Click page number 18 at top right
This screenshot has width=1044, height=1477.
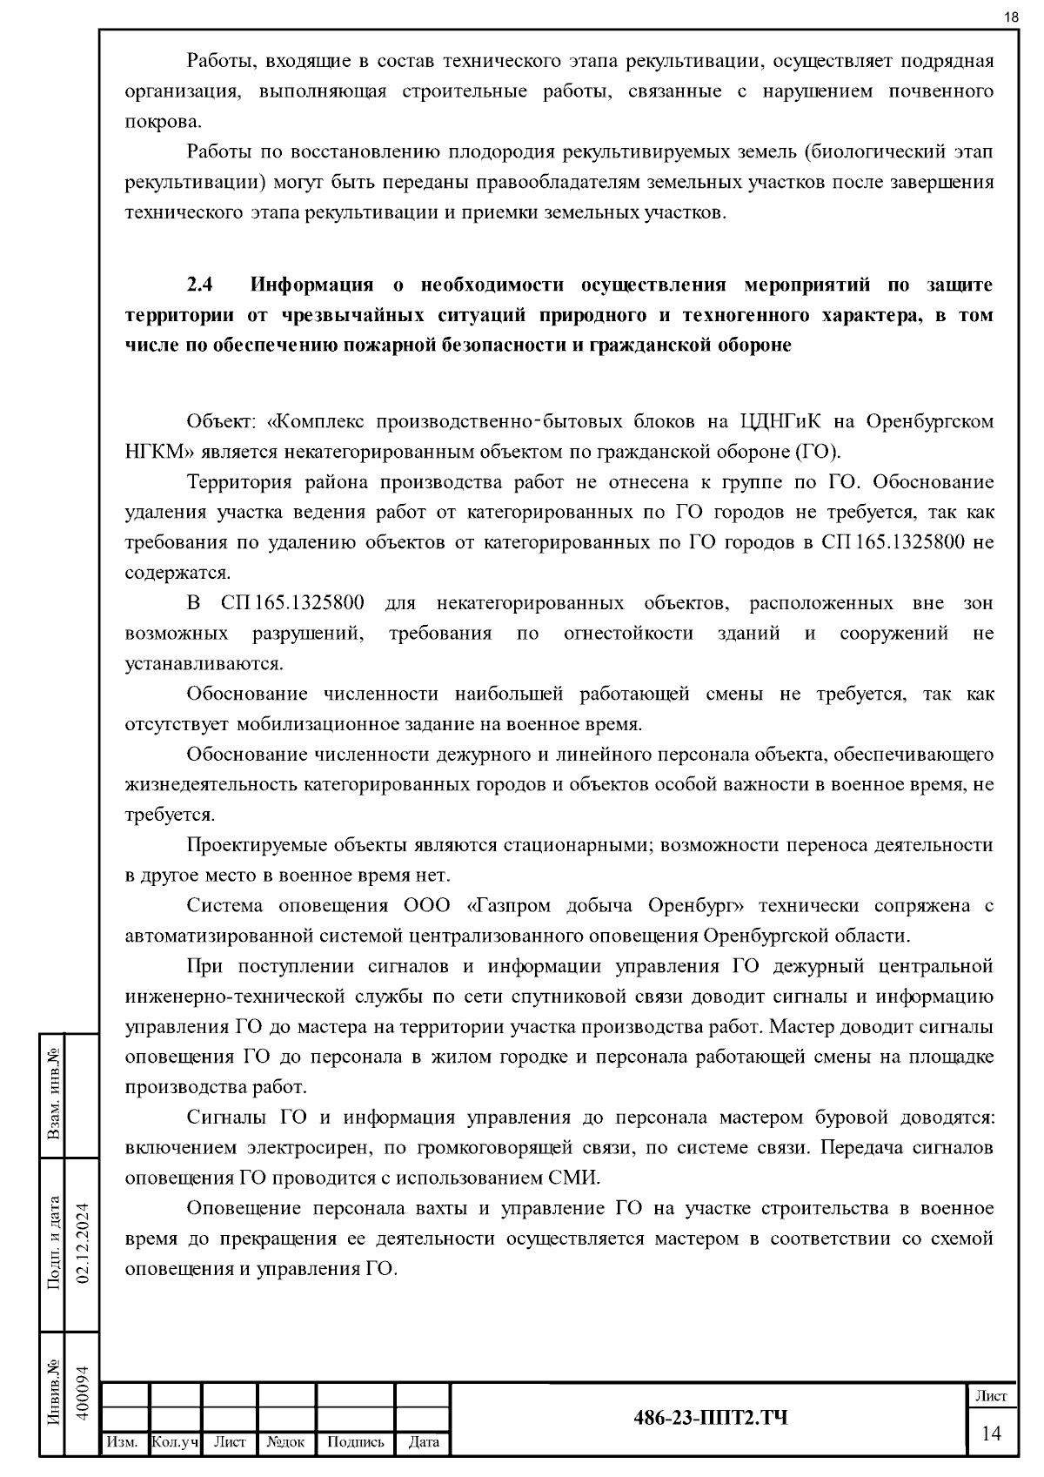point(1011,17)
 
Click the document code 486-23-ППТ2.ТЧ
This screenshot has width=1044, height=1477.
point(711,1419)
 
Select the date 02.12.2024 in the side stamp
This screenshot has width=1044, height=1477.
point(84,1242)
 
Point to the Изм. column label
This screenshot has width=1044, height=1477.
point(122,1443)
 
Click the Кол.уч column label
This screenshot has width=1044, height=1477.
point(175,1443)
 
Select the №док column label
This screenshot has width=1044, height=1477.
point(285,1443)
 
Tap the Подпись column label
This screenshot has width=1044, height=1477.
point(355,1443)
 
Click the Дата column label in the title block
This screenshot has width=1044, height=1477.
point(424,1443)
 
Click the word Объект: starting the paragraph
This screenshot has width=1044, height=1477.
point(222,422)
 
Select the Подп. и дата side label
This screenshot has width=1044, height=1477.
point(53,1243)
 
